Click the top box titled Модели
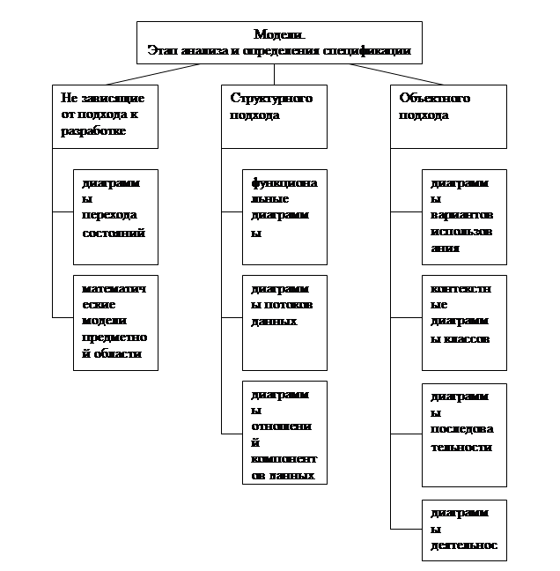point(279,42)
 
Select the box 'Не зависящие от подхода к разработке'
point(106,115)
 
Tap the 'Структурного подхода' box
point(273,115)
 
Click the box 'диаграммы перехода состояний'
point(115,217)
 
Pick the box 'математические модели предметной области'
point(115,323)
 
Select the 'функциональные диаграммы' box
point(284,217)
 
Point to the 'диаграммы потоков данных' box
point(284,323)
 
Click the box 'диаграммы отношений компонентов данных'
point(284,432)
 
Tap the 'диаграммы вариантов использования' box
point(464,217)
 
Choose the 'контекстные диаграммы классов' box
point(464,323)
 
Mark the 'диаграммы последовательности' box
point(464,434)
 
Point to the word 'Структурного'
point(271,99)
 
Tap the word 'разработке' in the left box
point(93,130)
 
